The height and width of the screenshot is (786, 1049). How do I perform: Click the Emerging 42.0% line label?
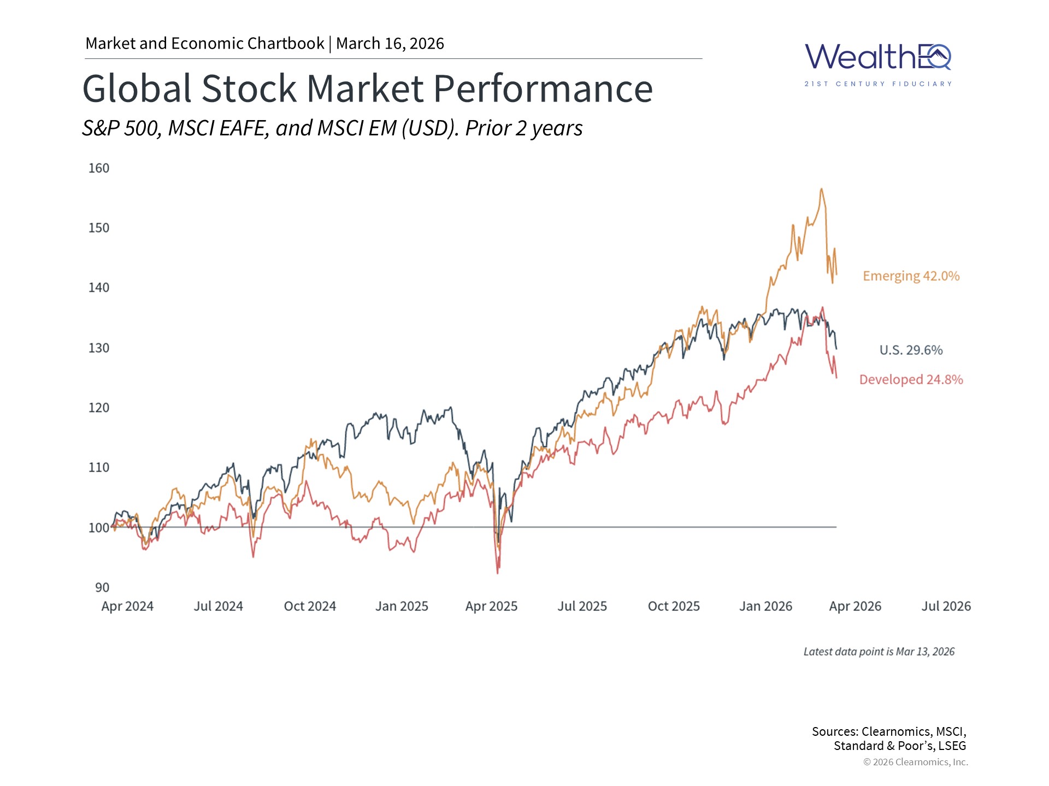(x=911, y=276)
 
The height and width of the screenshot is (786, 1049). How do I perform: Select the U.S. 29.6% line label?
(x=911, y=350)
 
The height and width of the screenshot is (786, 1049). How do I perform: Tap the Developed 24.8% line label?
(x=911, y=380)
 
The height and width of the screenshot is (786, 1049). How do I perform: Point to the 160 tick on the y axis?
(x=99, y=168)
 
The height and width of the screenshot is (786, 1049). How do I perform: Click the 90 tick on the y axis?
(x=102, y=587)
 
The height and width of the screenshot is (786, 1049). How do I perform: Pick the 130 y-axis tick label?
(x=99, y=348)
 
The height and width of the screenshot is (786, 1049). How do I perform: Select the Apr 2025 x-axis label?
(x=491, y=606)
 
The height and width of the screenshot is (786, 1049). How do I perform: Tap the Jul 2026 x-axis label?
(x=946, y=606)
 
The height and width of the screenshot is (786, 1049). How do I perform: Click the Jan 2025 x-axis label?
(x=402, y=606)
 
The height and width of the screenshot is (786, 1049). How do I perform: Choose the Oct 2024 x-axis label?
(x=310, y=606)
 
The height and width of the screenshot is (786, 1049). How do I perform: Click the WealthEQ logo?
(x=878, y=58)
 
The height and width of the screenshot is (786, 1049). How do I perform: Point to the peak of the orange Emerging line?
(x=821, y=189)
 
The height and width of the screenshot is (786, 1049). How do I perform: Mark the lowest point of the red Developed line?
(x=498, y=573)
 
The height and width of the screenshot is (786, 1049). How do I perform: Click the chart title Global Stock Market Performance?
(x=367, y=88)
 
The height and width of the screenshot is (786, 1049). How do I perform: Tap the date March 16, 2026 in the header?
(x=390, y=44)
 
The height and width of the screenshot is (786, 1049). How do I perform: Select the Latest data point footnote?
(x=879, y=652)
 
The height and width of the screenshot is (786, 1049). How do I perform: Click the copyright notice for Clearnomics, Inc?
(x=915, y=762)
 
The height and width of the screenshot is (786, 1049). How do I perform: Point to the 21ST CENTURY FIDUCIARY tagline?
(x=878, y=84)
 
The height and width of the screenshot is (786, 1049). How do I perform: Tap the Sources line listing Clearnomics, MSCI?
(x=889, y=732)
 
